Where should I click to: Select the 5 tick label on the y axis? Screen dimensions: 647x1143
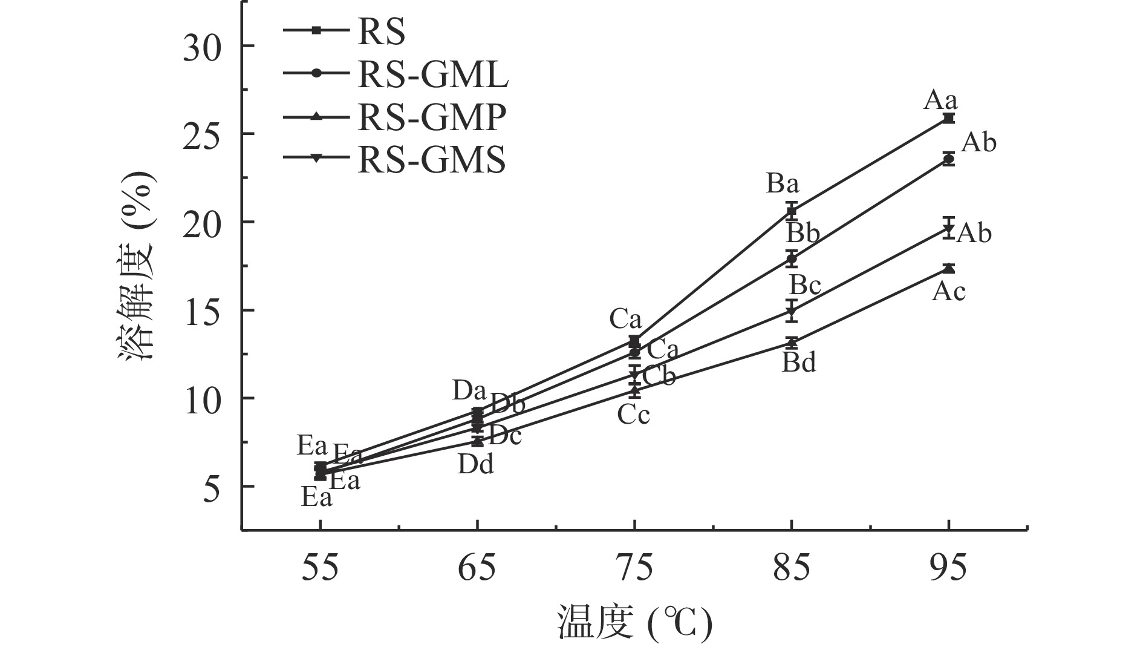pyautogui.click(x=211, y=487)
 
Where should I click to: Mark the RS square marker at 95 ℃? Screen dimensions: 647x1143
pyautogui.click(x=948, y=118)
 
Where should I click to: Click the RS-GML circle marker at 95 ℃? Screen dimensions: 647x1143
pyautogui.click(x=948, y=159)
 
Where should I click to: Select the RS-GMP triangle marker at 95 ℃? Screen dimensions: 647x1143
pyautogui.click(x=948, y=268)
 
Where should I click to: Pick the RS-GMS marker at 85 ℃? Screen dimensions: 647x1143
pyautogui.click(x=792, y=311)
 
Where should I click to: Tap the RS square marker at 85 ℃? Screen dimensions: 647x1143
pyautogui.click(x=792, y=211)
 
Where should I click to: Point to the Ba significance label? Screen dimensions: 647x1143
pyautogui.click(x=783, y=183)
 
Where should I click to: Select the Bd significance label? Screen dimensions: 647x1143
pyautogui.click(x=799, y=363)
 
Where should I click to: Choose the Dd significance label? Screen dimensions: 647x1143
pyautogui.click(x=476, y=464)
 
